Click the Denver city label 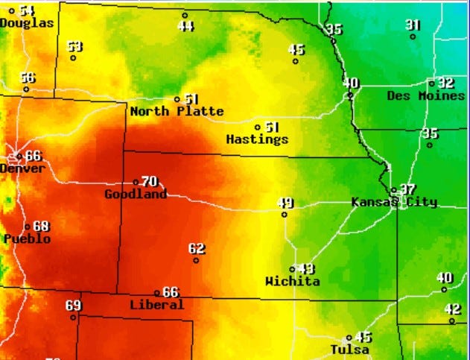(x=23, y=168)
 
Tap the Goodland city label (x=136, y=195)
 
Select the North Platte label (x=177, y=112)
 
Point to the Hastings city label (x=257, y=139)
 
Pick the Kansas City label (x=394, y=202)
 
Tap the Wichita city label (x=292, y=282)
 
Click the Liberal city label (x=156, y=305)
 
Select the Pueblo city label (x=27, y=239)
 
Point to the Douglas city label (x=27, y=23)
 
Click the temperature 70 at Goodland (x=150, y=181)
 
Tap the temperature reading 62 (x=196, y=248)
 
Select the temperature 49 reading (x=285, y=203)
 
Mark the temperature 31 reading (x=413, y=25)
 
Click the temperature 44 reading (x=185, y=26)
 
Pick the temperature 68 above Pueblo (x=40, y=226)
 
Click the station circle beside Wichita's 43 (x=292, y=270)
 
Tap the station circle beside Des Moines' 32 (x=431, y=83)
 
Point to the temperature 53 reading (x=74, y=46)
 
